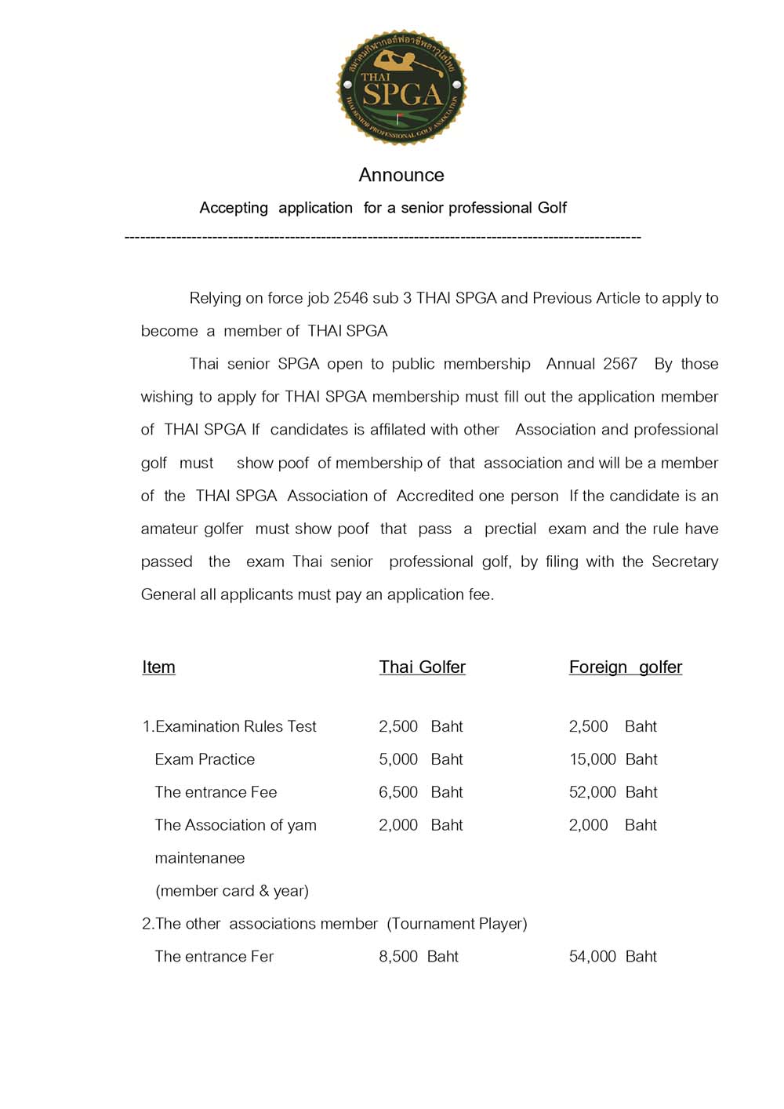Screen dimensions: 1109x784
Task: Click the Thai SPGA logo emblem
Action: tap(401, 88)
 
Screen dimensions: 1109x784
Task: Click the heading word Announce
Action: tap(401, 175)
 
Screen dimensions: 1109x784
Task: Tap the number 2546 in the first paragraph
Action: tap(350, 298)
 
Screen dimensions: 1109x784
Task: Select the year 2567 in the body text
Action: tap(620, 364)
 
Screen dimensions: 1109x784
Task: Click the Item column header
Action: tap(158, 667)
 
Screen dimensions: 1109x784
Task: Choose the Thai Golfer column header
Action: tap(422, 667)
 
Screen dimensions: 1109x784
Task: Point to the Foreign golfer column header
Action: tap(625, 667)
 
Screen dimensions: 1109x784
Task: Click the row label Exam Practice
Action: tap(205, 759)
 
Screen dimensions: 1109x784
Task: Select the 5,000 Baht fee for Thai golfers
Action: tap(420, 759)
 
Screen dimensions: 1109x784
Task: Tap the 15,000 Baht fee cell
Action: tap(612, 759)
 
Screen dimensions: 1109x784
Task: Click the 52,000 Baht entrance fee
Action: tap(612, 792)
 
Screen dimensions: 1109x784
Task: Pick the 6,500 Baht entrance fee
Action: tap(420, 792)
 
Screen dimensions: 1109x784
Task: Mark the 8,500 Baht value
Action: tap(419, 956)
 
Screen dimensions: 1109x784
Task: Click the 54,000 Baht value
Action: tap(612, 956)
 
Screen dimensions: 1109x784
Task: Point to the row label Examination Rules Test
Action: tap(229, 726)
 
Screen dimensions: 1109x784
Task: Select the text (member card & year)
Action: tap(232, 891)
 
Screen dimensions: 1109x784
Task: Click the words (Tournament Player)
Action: tap(456, 924)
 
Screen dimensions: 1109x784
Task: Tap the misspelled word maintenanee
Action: tap(199, 858)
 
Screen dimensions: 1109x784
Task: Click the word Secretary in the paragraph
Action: tap(684, 562)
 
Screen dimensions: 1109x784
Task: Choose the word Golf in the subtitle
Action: tap(552, 208)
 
